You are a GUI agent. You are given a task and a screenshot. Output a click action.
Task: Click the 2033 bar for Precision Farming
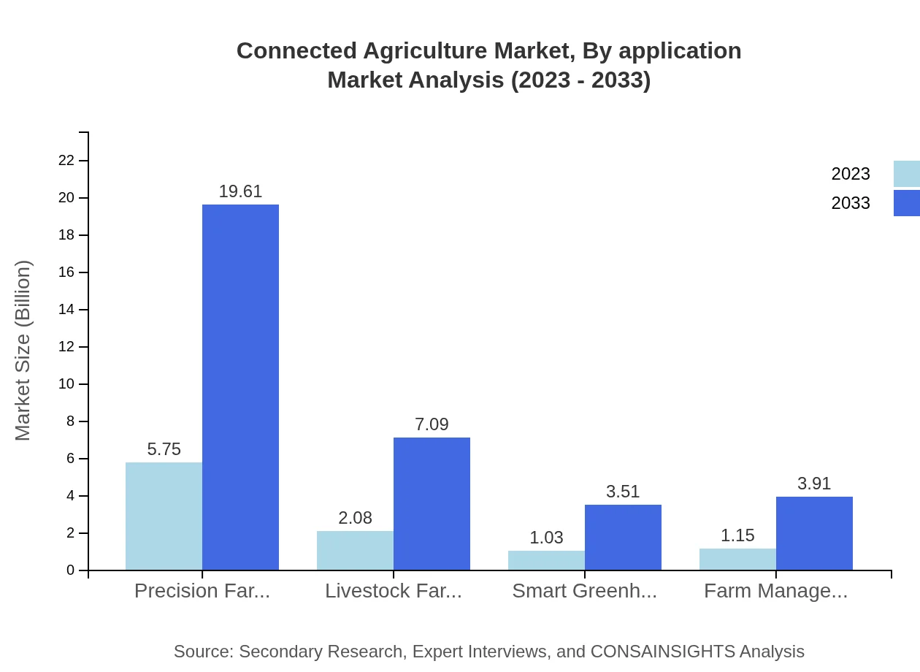point(240,387)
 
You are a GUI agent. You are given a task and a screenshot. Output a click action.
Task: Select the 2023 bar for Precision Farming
point(164,516)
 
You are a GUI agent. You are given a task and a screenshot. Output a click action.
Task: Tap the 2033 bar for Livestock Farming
point(432,503)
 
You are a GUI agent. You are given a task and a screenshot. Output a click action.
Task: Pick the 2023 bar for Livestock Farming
point(355,550)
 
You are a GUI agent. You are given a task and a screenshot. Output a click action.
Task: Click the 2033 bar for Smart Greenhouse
point(623,537)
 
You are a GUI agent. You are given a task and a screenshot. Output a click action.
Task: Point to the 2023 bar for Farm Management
point(737,559)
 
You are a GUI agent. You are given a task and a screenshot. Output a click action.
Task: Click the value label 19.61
point(240,191)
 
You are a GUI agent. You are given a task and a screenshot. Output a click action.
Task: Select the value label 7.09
point(432,424)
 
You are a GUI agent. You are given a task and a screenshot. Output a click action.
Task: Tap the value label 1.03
point(546,538)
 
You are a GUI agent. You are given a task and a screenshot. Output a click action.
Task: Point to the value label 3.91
point(814,484)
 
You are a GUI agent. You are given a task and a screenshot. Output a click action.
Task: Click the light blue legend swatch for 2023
point(906,174)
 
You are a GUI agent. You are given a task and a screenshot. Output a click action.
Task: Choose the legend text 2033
point(851,203)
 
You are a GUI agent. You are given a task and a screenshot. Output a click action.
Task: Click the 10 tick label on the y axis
point(66,384)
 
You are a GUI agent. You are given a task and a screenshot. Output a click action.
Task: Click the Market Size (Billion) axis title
point(23,351)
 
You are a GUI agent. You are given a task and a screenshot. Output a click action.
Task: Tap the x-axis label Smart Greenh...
point(584,591)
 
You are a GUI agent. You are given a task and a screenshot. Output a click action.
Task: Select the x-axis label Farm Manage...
point(775,591)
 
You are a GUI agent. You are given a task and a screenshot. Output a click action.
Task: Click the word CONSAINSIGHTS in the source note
point(662,652)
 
